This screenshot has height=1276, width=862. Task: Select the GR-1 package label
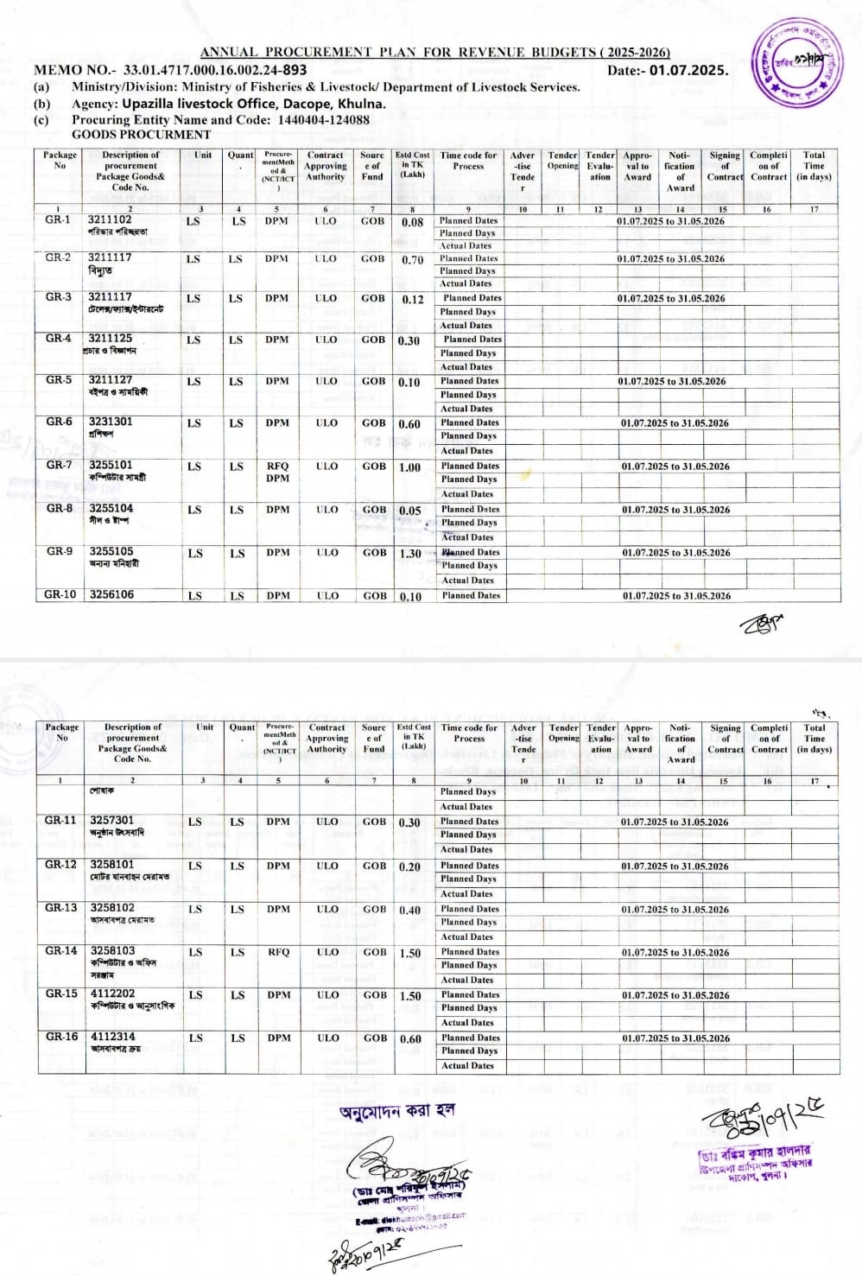pos(58,220)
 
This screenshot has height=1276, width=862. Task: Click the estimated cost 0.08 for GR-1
pos(412,222)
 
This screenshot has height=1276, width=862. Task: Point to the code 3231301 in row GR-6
pos(111,422)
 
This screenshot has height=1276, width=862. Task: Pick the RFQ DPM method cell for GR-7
pos(277,472)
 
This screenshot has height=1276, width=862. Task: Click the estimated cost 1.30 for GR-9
pos(410,554)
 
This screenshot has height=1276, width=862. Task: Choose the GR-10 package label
pos(60,594)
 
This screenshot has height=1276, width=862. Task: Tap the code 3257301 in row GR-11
pos(112,820)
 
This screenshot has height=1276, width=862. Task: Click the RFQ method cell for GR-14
pos(278,952)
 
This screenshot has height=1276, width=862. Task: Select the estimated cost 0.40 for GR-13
pos(410,910)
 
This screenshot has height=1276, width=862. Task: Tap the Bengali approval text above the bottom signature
pos(396,1111)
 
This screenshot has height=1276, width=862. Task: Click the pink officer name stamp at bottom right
pos(755,1161)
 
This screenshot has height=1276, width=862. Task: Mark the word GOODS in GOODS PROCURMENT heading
pos(96,135)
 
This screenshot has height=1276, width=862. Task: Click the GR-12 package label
pos(60,864)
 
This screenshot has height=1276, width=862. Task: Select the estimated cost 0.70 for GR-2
pos(412,259)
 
